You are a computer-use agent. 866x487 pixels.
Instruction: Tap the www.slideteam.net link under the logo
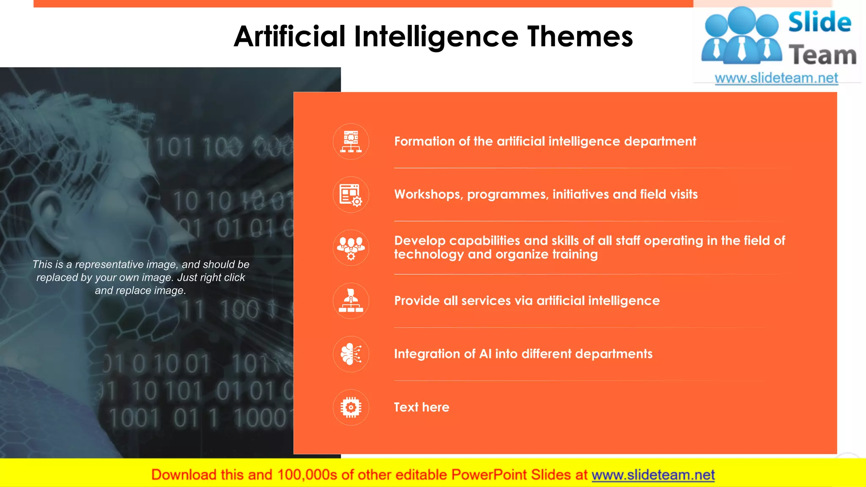pos(776,78)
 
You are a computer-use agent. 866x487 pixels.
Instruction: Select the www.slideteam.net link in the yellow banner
pos(653,475)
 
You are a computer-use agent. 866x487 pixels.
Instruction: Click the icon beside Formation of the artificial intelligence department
pos(351,142)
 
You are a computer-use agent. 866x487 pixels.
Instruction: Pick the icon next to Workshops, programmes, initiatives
pos(351,194)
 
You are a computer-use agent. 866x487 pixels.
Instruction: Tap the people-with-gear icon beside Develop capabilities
pos(351,248)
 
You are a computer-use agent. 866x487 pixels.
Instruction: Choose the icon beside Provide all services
pos(351,301)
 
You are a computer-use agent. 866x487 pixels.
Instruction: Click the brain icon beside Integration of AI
pos(351,354)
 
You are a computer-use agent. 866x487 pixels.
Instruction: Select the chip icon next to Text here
pos(351,407)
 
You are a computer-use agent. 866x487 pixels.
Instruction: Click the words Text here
pos(422,407)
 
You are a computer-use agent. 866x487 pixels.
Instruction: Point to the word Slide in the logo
pos(819,22)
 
